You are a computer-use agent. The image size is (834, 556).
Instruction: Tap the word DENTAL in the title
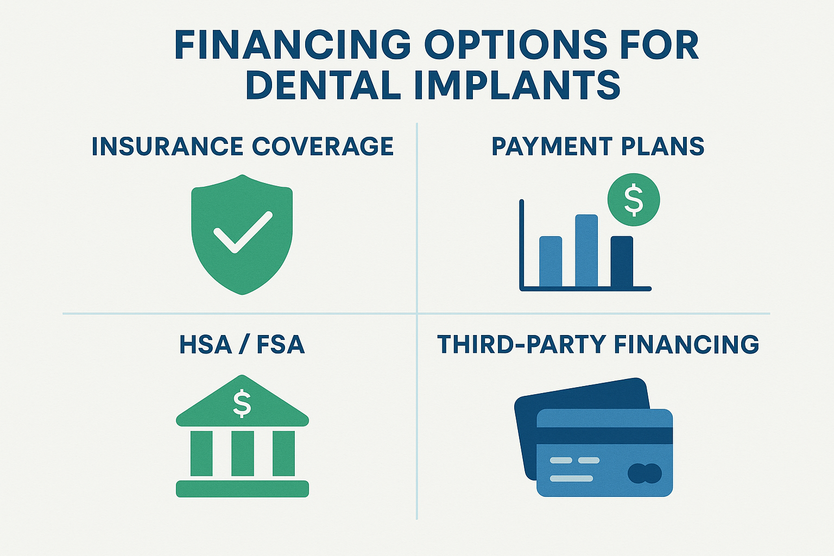pyautogui.click(x=323, y=86)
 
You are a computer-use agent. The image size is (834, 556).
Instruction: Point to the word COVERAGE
pyautogui.click(x=323, y=147)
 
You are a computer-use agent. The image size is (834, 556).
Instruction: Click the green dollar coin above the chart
pyautogui.click(x=634, y=200)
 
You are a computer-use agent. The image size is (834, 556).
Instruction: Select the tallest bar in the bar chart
pyautogui.click(x=586, y=250)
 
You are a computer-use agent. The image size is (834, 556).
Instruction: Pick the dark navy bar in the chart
pyautogui.click(x=622, y=261)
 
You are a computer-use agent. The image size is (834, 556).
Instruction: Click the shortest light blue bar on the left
pyautogui.click(x=551, y=261)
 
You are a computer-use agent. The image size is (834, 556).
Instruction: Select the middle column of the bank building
pyautogui.click(x=242, y=453)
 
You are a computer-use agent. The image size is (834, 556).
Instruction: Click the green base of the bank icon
pyautogui.click(x=242, y=489)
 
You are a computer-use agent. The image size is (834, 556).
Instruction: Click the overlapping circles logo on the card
pyautogui.click(x=645, y=473)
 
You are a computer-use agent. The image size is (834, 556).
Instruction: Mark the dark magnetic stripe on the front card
pyautogui.click(x=604, y=435)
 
